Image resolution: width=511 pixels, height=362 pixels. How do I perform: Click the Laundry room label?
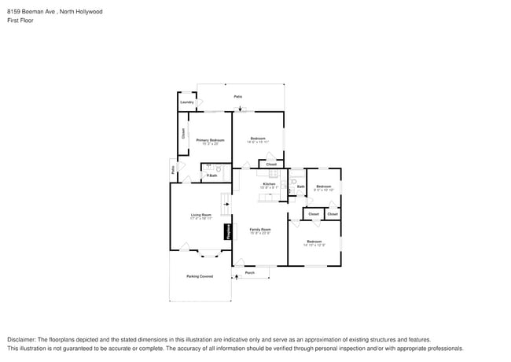tap(187, 102)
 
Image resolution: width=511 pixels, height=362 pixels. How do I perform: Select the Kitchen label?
tap(268, 184)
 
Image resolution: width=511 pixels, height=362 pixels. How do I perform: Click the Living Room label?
tap(201, 215)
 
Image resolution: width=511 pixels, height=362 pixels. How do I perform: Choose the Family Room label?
tap(260, 229)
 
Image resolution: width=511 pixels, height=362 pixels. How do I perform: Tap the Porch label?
tap(250, 273)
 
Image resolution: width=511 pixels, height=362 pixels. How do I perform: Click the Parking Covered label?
tap(200, 276)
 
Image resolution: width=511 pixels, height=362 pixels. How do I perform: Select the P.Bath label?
tap(211, 175)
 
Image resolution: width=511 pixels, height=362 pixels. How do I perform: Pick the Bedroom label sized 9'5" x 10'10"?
tap(324, 187)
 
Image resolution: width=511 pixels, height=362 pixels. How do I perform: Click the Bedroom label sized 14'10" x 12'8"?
tap(314, 242)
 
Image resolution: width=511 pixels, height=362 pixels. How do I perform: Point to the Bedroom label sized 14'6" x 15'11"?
tap(257, 139)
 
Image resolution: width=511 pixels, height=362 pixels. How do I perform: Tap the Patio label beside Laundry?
tap(238, 97)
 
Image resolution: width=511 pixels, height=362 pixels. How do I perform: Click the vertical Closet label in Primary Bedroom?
tap(183, 133)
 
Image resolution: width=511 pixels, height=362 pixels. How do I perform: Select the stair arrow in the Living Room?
tap(227, 205)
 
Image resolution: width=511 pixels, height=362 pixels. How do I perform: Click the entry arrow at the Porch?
tap(236, 276)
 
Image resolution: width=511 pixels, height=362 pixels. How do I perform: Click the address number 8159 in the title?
tap(13, 12)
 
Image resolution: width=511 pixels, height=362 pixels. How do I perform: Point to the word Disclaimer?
tap(21, 338)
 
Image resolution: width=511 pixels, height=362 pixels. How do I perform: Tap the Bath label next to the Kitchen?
tap(300, 187)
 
